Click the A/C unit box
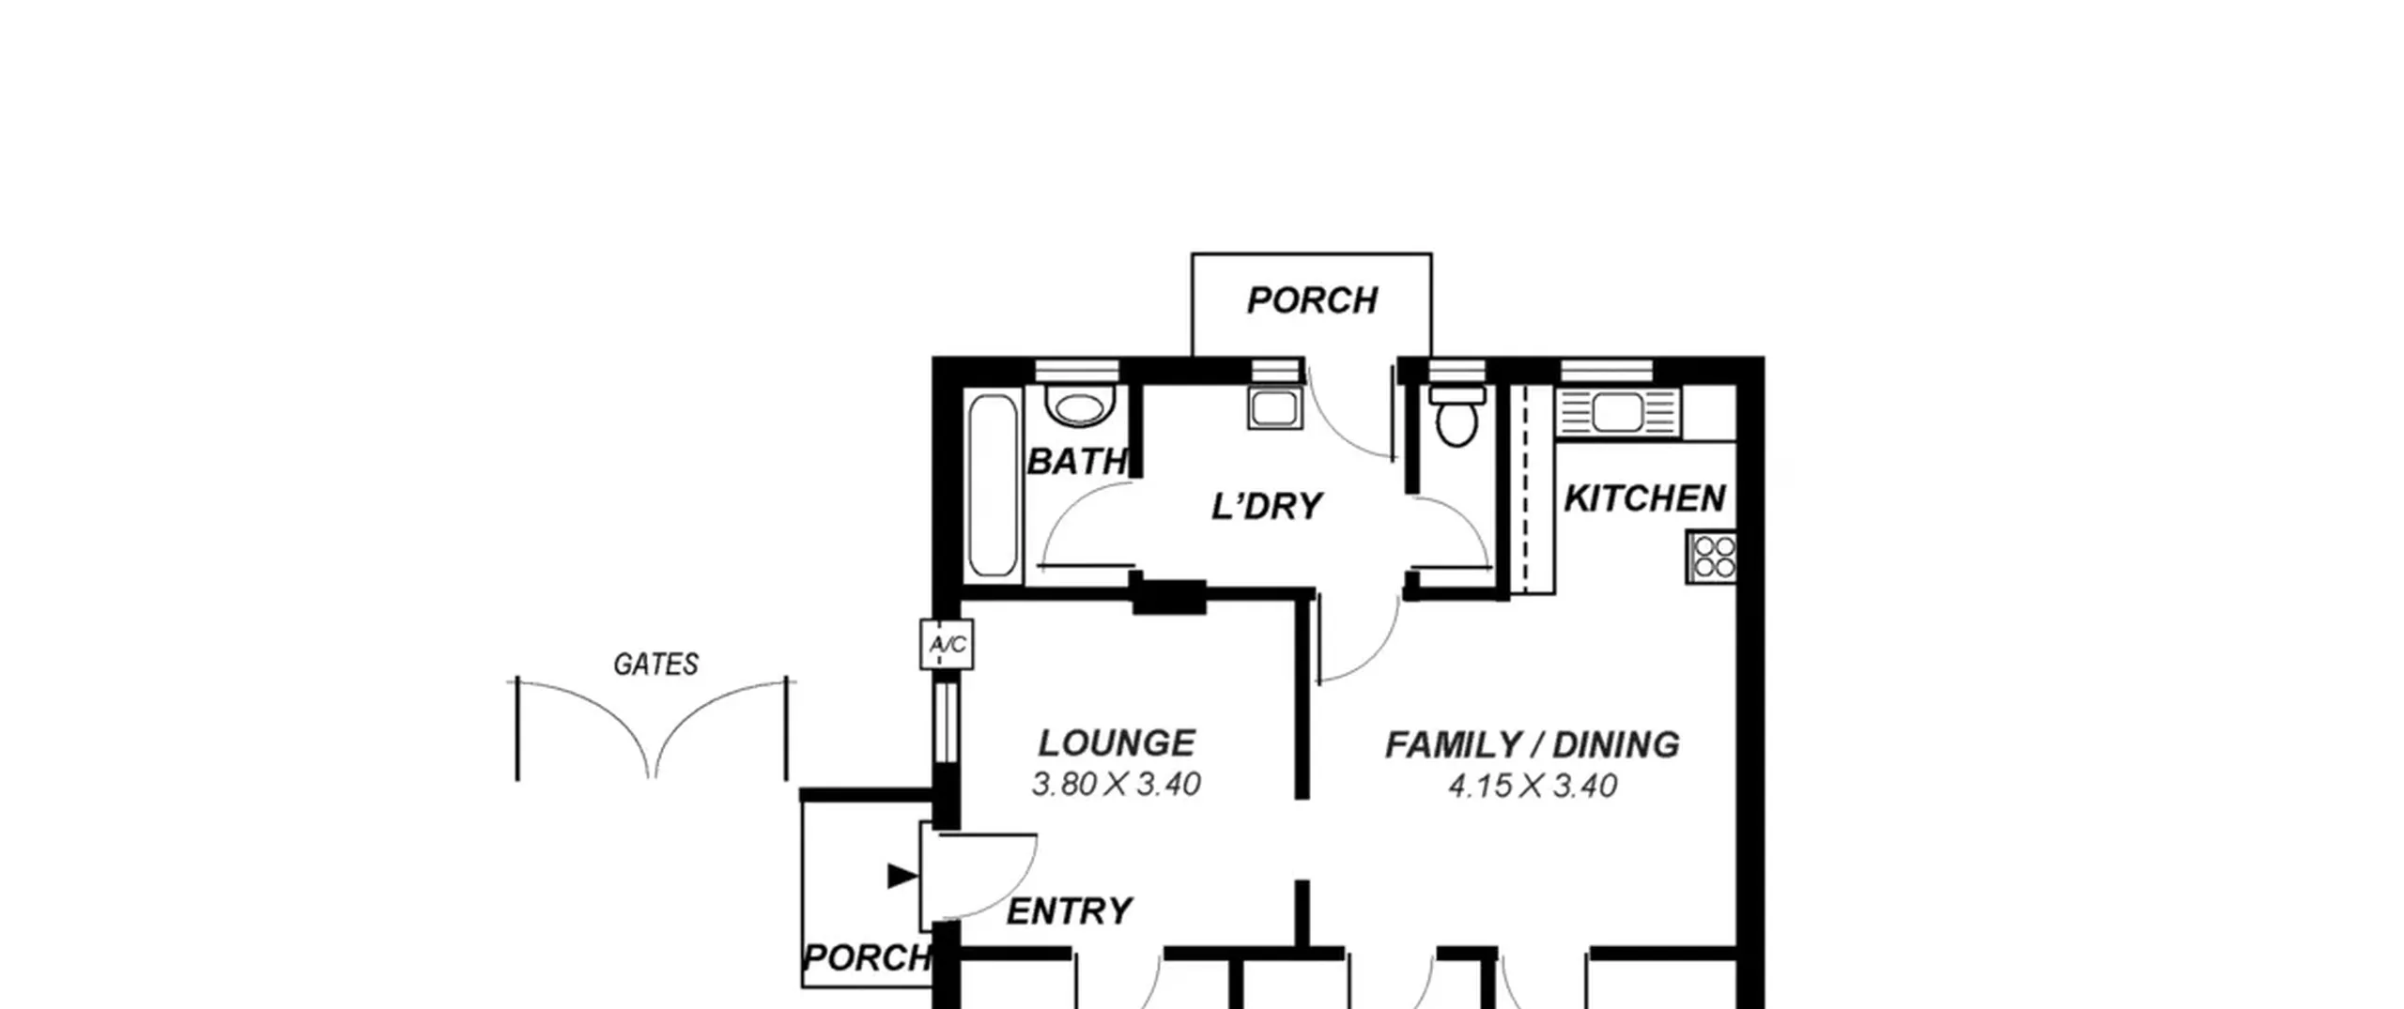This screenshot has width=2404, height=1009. click(x=947, y=644)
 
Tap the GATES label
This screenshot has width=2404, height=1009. click(x=655, y=665)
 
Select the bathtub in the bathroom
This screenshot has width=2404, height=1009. click(x=993, y=485)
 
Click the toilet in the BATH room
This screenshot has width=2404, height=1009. click(x=1080, y=405)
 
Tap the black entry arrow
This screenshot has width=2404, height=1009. click(x=902, y=877)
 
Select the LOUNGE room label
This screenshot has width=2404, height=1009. click(x=1117, y=743)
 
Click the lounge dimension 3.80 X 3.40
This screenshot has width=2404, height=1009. click(x=1117, y=785)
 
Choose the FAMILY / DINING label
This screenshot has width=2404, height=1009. click(x=1533, y=745)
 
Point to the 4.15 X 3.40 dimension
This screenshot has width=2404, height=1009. click(x=1533, y=786)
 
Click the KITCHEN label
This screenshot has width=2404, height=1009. click(x=1645, y=498)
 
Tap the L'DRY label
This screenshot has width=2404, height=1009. click(x=1267, y=507)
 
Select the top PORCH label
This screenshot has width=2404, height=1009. click(x=1312, y=301)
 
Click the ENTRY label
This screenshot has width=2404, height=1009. click(x=1070, y=911)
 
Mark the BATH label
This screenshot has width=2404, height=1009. click(x=1076, y=462)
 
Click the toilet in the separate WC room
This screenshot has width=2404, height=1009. click(x=1456, y=418)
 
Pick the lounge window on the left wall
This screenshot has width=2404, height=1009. click(x=946, y=722)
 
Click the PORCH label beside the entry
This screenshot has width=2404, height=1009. click(x=867, y=958)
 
